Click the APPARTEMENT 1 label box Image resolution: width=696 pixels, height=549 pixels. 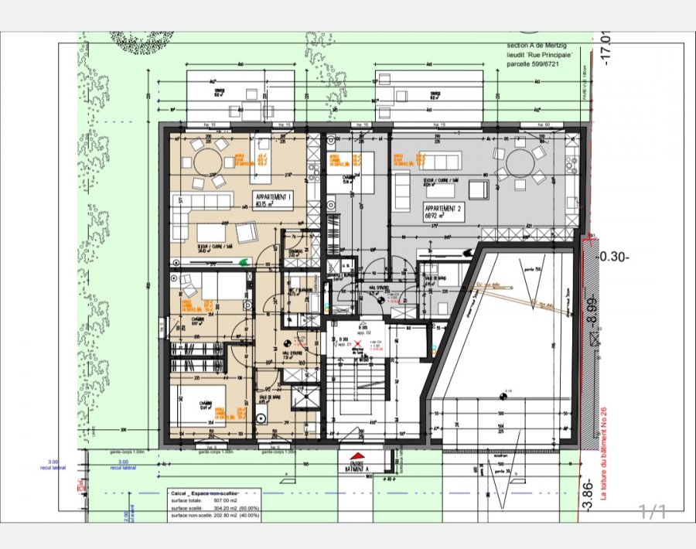point(273,201)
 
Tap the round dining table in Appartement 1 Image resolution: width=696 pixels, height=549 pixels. point(208,162)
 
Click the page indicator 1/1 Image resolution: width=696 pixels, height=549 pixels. point(651,510)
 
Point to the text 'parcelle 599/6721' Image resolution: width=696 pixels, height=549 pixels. point(533,65)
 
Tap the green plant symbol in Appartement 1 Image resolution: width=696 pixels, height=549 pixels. point(244,261)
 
